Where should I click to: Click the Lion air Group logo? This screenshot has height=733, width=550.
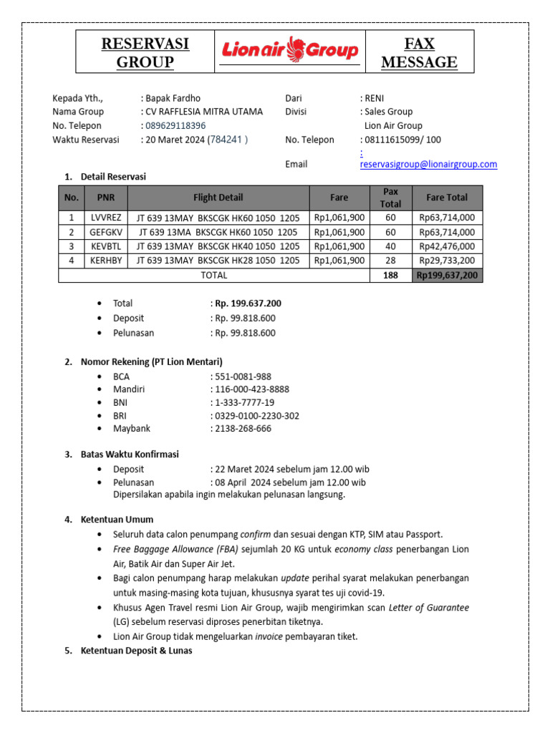point(290,50)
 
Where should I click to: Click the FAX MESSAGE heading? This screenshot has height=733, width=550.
point(419,53)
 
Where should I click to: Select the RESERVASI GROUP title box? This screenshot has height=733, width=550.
point(145,53)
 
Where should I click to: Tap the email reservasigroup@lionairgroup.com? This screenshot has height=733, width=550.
point(428,164)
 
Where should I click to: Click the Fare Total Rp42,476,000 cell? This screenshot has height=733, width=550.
point(447,246)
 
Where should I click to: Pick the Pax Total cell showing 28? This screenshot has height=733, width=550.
point(390,261)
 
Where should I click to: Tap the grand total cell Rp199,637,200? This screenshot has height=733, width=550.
point(447,275)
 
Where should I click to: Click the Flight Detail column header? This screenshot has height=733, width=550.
point(218,198)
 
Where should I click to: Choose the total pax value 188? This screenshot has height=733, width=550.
point(390,275)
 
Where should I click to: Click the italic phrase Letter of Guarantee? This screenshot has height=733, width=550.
point(428,608)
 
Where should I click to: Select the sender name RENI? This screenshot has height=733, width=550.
point(375,98)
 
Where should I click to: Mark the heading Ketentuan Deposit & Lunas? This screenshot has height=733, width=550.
point(136,651)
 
